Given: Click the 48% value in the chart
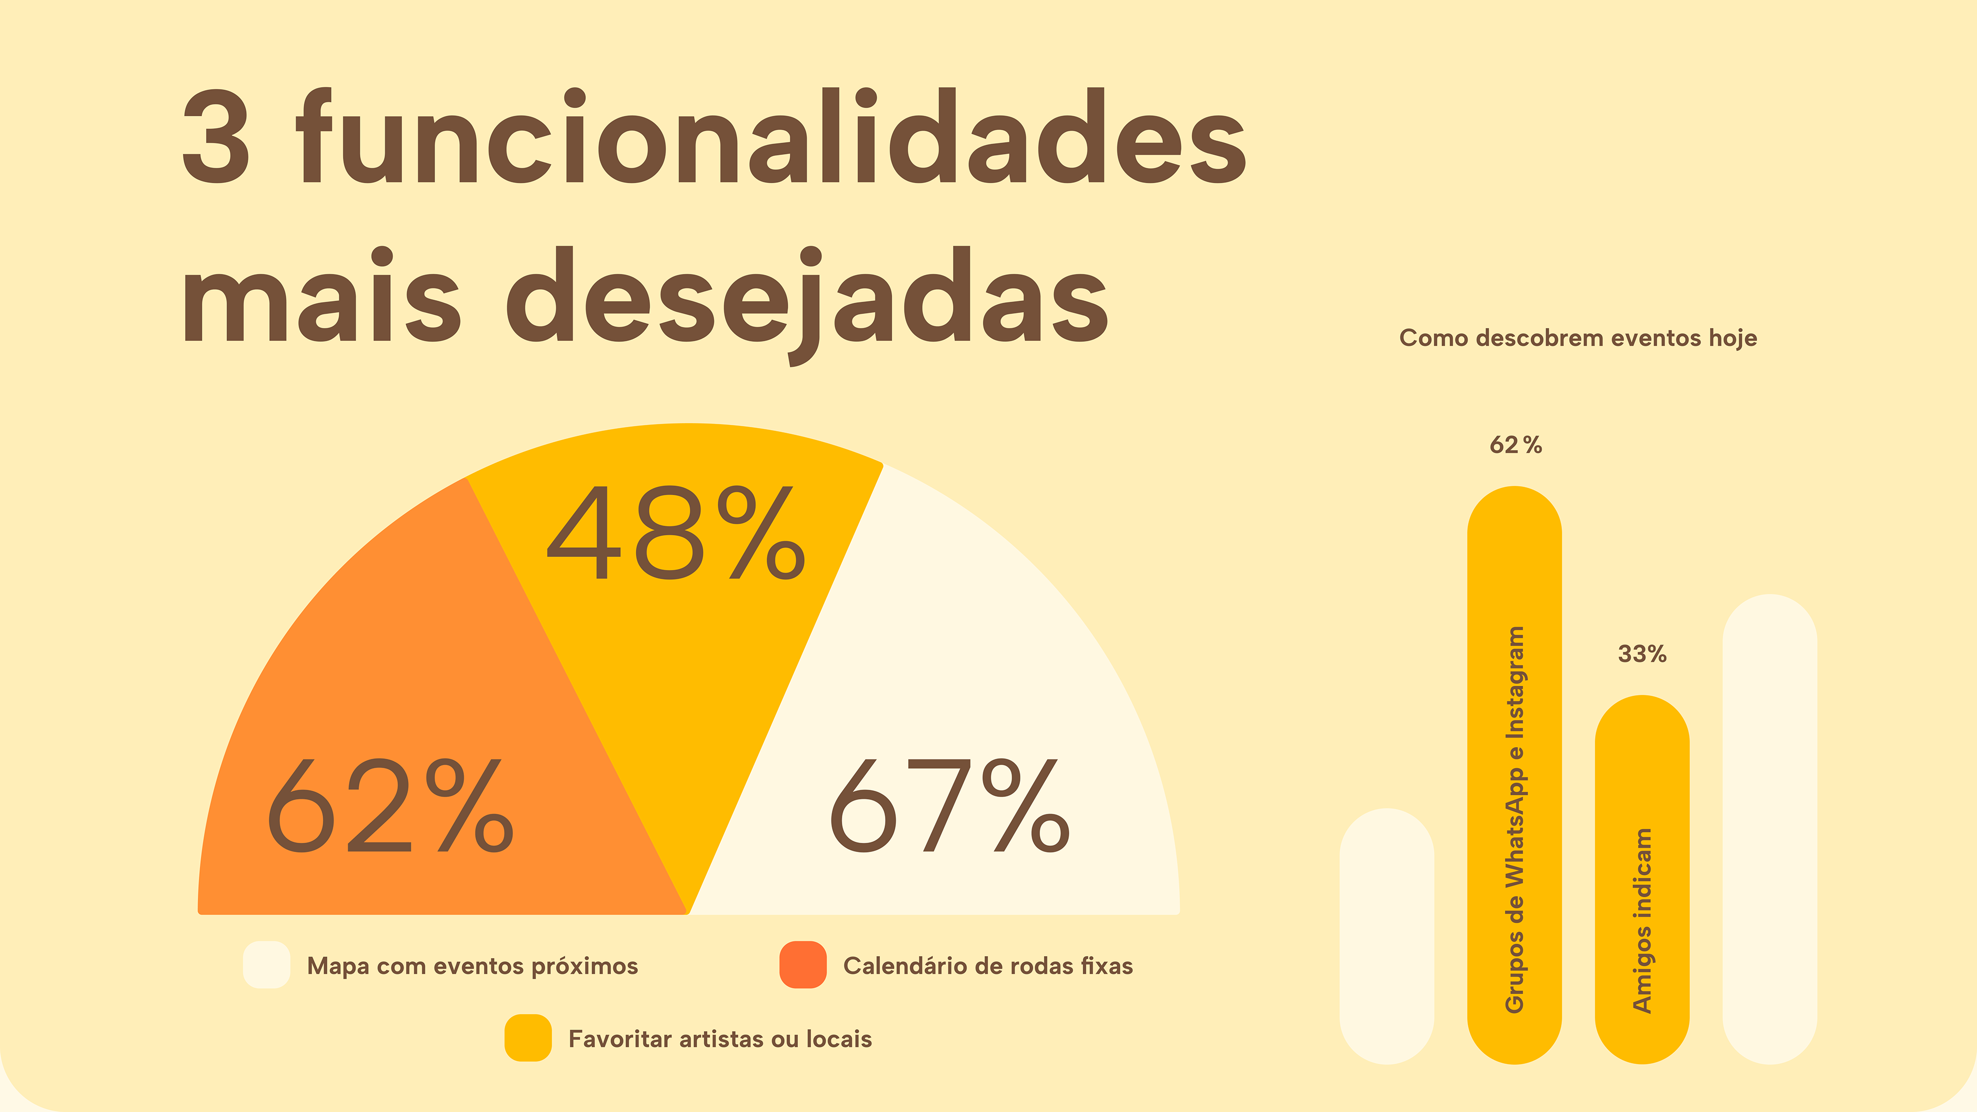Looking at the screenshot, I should pos(675,533).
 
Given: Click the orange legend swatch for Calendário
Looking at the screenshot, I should pos(803,965).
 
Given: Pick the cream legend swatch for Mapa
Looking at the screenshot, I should pos(266,965).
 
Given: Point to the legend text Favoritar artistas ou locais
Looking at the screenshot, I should pos(720,1039).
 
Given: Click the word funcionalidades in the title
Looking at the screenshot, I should pos(771,138).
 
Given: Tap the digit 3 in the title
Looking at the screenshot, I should pos(216,138).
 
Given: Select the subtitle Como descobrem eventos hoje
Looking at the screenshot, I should pos(1578,338).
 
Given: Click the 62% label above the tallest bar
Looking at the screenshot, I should pos(1515,445).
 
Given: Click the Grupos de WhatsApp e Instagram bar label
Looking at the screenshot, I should pos(1514,820).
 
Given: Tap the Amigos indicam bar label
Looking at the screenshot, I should pos(1642,921).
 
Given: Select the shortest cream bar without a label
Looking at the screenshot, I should pos(1387,936).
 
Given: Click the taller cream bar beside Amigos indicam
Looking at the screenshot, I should pos(1770,829).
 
